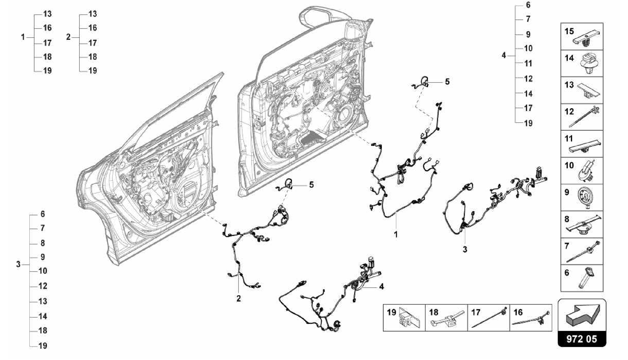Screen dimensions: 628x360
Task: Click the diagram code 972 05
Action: pos(582,339)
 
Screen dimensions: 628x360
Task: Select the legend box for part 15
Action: pos(582,36)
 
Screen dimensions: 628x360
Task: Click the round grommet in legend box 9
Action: pos(587,197)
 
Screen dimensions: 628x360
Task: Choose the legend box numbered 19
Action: pos(404,317)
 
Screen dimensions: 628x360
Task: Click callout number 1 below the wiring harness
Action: pos(396,235)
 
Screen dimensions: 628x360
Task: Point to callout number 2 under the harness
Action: pos(239,298)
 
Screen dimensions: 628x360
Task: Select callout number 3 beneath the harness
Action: pos(465,250)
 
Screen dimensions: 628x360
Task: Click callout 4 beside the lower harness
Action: pos(381,286)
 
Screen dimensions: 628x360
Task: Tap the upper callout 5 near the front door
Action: pos(447,82)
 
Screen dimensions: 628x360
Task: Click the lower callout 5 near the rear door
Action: pos(311,185)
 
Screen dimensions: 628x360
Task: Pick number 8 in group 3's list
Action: pos(43,243)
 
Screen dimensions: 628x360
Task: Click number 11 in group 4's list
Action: pos(528,63)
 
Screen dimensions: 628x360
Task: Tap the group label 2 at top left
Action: pos(68,37)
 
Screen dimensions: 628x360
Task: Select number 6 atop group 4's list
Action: pos(528,5)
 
